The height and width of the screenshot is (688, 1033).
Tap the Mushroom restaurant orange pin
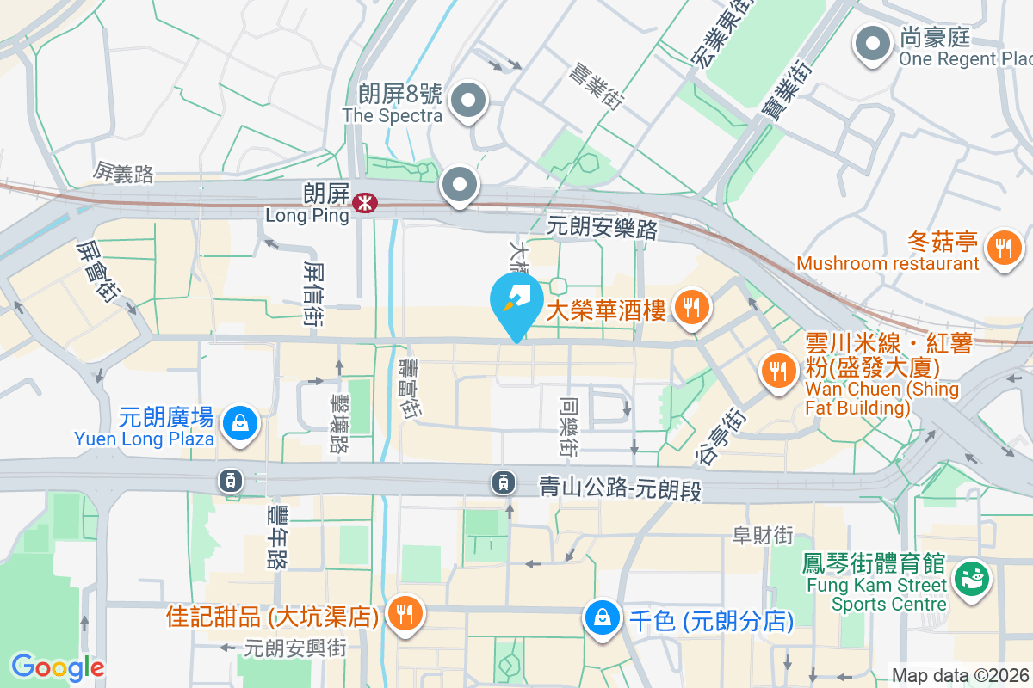point(1003,249)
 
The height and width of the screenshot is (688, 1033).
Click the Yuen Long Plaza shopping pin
point(236,423)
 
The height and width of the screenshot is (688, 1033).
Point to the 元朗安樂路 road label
point(603,229)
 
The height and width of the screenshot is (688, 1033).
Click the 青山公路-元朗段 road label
point(621,488)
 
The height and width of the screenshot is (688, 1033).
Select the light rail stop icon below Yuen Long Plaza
point(231,482)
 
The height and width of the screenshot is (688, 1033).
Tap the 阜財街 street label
point(763,536)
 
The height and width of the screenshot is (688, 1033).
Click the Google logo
point(58,666)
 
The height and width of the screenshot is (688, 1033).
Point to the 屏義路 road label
point(124,174)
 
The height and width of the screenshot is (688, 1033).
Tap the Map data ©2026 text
point(961,675)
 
